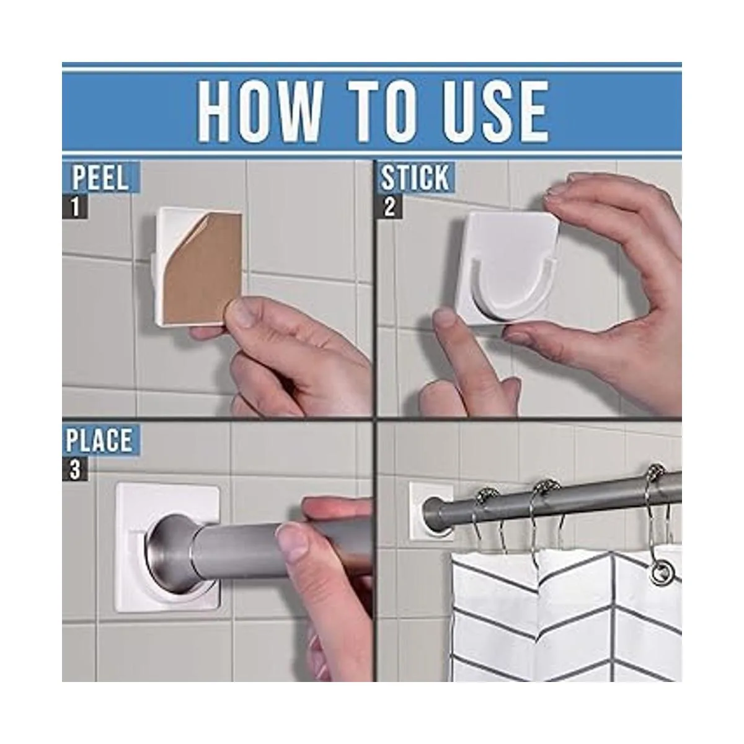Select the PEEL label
point(100,179)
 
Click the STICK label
point(414,178)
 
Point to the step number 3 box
point(75,469)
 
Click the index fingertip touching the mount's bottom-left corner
point(444,324)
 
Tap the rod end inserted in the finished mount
point(432,510)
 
